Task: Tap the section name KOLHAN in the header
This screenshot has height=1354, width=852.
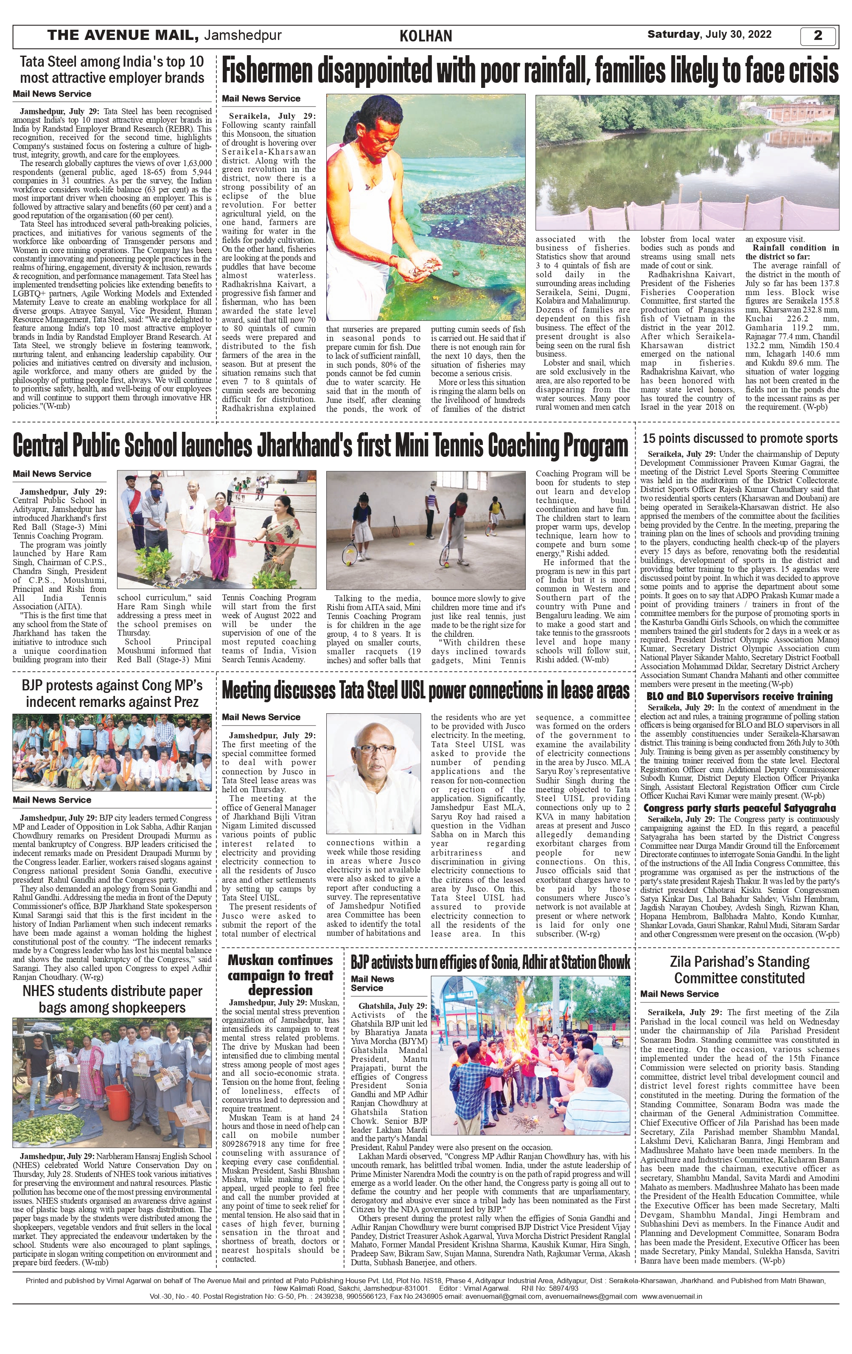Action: coord(426,37)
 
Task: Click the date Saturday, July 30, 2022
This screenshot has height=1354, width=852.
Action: coord(709,34)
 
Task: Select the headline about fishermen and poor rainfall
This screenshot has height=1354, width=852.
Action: coord(530,71)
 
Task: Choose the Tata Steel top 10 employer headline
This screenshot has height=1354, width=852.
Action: coord(112,70)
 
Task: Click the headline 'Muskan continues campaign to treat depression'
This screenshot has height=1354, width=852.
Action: coord(280,974)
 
